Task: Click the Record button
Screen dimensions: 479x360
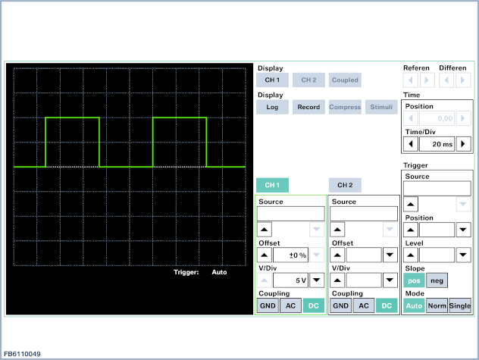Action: click(x=308, y=107)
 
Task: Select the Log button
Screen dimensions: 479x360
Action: click(x=272, y=107)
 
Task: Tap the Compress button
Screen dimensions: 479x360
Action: click(x=345, y=107)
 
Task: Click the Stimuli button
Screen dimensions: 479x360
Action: click(x=381, y=107)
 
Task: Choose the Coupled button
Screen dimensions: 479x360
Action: click(x=345, y=80)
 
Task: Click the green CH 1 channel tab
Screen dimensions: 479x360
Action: click(x=272, y=185)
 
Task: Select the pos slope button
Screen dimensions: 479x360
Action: click(x=414, y=280)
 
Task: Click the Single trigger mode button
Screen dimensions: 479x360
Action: click(x=460, y=305)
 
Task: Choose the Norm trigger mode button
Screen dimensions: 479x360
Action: click(x=437, y=305)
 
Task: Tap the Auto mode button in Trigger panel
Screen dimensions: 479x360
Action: click(x=414, y=305)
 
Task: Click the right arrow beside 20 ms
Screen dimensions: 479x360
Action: click(x=463, y=144)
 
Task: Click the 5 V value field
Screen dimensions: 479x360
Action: click(x=290, y=280)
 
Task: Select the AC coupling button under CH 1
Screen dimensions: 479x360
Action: click(x=290, y=305)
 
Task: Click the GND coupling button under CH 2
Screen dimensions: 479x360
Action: click(x=340, y=305)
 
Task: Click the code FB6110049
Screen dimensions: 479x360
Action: click(x=22, y=354)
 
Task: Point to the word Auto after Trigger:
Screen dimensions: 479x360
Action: click(x=219, y=272)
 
